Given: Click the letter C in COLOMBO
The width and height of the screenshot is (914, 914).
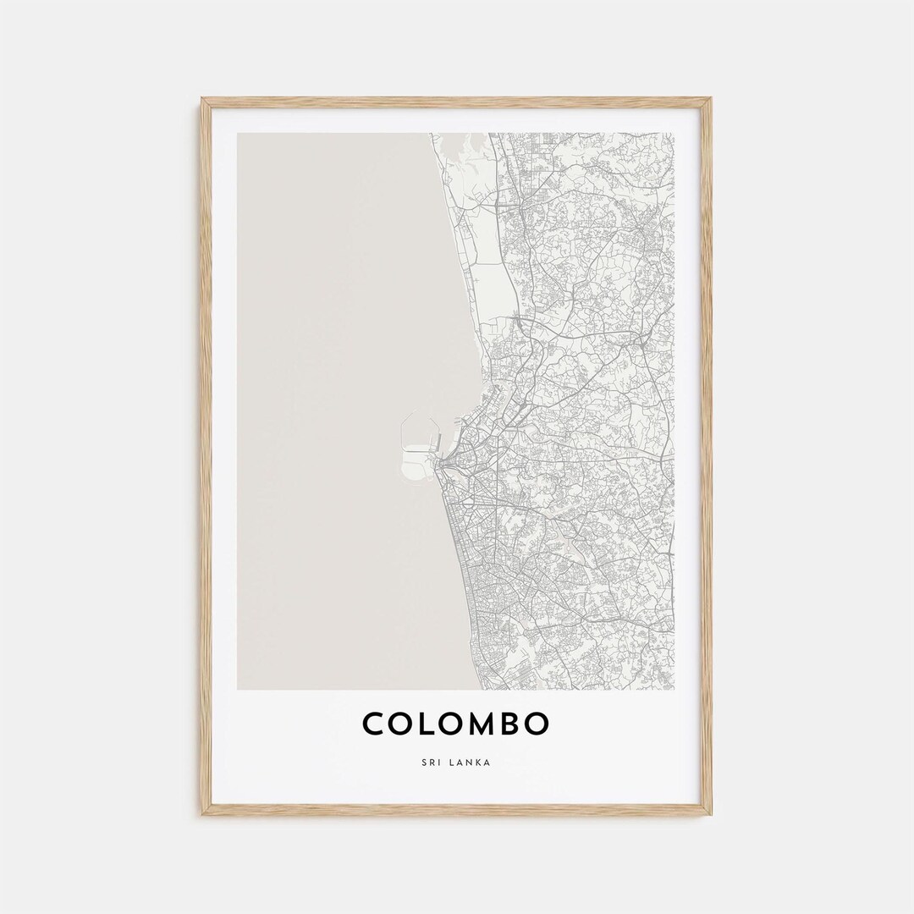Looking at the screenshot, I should pyautogui.click(x=375, y=724).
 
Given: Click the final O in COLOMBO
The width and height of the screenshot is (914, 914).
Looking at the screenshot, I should pyautogui.click(x=538, y=724).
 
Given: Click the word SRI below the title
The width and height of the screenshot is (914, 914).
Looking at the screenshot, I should pyautogui.click(x=432, y=762).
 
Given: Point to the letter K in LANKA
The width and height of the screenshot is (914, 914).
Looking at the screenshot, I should pyautogui.click(x=479, y=762).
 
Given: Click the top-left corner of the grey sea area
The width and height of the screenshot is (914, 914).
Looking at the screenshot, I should pyautogui.click(x=239, y=134).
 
